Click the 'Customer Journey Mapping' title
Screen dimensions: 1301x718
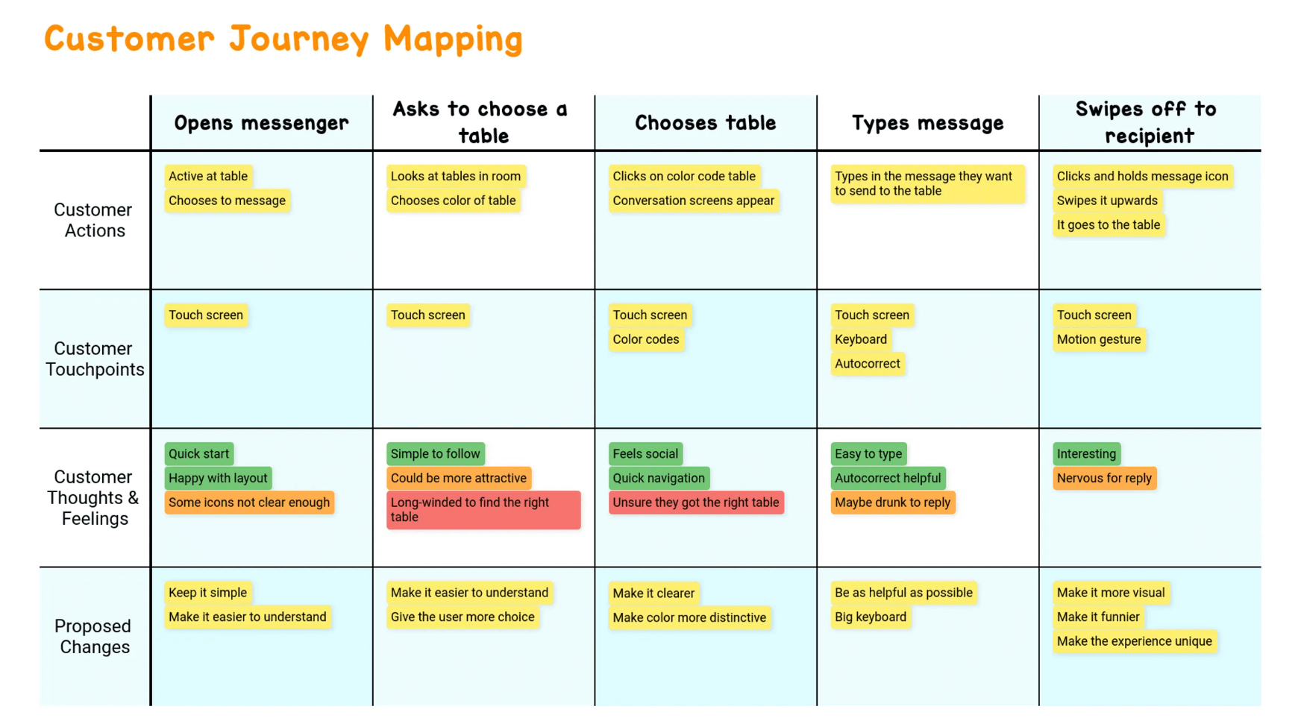(283, 40)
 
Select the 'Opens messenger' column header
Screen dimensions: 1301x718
(261, 123)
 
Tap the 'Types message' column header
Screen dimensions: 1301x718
(927, 123)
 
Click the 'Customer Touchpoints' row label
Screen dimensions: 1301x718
(95, 359)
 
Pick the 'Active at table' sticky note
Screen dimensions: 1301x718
(208, 177)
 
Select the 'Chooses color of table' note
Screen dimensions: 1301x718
(453, 201)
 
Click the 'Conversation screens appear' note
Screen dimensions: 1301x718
(693, 201)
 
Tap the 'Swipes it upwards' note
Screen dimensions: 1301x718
(1107, 201)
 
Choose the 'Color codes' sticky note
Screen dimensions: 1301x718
(646, 339)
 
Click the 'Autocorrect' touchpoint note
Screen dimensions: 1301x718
(868, 364)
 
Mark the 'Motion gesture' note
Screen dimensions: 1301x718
(1099, 339)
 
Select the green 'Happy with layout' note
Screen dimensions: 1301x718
(218, 478)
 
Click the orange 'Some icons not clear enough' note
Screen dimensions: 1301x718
(249, 503)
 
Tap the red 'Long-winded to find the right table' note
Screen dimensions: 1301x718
(483, 510)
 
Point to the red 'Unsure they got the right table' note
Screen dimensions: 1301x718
(696, 503)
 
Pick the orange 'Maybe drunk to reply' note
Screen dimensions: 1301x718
(893, 503)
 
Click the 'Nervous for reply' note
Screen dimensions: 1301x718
(1104, 478)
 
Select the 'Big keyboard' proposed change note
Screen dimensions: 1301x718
(871, 617)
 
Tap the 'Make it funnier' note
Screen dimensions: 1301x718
(1098, 617)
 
